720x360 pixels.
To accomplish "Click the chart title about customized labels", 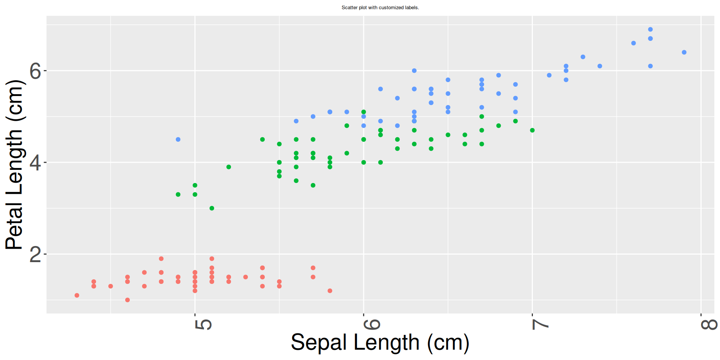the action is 380,7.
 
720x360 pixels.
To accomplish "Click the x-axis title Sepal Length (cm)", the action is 380,342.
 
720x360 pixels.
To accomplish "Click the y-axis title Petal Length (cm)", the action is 15,165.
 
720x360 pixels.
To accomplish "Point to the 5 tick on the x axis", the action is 203,324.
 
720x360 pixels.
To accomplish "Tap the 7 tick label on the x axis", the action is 541,324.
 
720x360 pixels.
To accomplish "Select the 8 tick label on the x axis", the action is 709,324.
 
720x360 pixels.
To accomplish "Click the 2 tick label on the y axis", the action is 35,255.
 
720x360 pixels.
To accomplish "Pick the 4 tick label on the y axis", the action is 35,163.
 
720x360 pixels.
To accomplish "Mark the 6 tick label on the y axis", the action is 35,71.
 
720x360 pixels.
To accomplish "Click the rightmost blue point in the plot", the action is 684,52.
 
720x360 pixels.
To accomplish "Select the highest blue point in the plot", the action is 650,30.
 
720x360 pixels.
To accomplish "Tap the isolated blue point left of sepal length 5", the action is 178,139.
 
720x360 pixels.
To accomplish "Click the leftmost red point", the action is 77,295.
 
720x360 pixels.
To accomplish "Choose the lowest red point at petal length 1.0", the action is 127,300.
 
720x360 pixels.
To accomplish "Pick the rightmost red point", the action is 330,291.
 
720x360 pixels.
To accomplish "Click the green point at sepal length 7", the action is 532,130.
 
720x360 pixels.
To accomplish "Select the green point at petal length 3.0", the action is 212,208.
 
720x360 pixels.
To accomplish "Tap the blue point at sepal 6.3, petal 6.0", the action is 414,71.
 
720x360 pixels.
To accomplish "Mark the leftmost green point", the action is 178,195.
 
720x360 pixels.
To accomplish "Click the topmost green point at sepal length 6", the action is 363,112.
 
